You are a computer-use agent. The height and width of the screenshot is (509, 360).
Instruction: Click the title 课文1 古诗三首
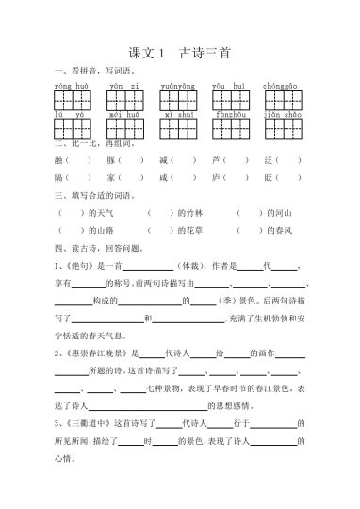coord(179,54)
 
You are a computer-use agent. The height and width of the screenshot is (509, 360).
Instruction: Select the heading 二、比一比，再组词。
coord(92,144)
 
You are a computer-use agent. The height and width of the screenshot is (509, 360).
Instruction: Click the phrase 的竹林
coord(189,213)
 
